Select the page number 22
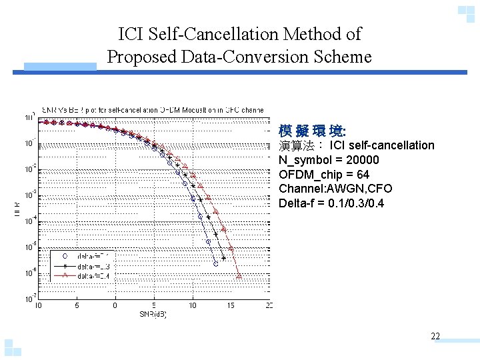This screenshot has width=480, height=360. coord(435,336)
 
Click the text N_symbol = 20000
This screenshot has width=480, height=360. coord(329,160)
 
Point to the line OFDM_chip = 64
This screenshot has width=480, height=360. coord(324,175)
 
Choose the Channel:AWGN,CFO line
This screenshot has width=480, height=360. coord(335,189)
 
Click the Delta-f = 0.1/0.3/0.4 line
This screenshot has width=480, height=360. coord(331,203)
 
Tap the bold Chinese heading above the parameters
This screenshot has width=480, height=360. coord(303,130)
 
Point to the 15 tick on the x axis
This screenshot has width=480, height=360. coord(231,305)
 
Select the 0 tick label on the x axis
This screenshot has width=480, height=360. coord(115,305)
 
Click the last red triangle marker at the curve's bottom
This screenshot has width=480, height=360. coord(239,275)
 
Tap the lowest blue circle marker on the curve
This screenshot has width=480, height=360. coord(215,264)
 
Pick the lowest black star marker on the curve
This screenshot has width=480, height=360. coord(223,258)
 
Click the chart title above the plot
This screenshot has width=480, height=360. coord(153,109)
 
